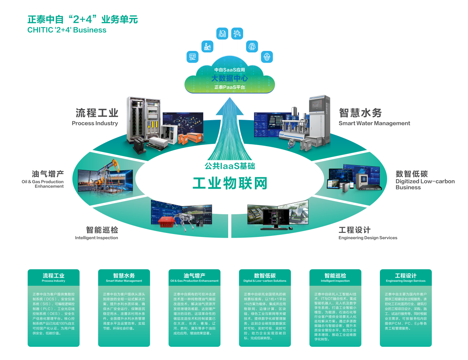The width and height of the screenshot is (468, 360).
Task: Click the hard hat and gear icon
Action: [267, 57]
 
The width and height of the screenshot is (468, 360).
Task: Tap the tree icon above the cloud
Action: [252, 47]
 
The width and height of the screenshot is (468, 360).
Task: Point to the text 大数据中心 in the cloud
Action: [230, 78]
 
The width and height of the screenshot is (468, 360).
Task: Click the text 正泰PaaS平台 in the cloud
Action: [230, 88]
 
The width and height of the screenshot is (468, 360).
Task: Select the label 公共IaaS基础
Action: [230, 166]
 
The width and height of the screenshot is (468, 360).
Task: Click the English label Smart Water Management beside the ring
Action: [374, 123]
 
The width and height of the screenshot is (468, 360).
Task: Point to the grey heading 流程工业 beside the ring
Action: [97, 113]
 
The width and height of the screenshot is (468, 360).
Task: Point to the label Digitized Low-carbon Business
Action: [425, 184]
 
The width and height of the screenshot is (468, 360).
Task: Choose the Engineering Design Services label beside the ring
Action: [368, 238]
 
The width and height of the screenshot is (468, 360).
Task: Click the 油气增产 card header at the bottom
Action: [195, 278]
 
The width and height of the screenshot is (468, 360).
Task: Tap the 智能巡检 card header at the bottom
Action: [335, 278]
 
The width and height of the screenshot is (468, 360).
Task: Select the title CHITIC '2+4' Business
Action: [67, 30]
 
